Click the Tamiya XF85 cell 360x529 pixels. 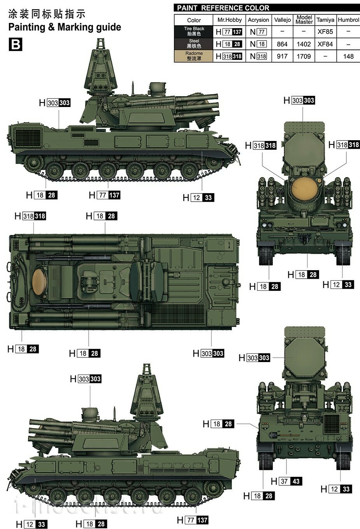click(325, 32)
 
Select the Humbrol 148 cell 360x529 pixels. click(348, 56)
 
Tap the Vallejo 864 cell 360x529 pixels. click(282, 44)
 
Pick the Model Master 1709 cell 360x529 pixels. click(304, 56)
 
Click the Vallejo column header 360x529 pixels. click(282, 20)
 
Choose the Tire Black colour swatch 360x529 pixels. click(194, 32)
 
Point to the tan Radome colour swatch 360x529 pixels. click(194, 56)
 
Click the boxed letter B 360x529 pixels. click(15, 44)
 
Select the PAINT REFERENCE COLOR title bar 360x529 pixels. click(267, 8)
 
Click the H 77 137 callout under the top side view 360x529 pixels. click(105, 195)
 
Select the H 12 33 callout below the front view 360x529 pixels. click(338, 285)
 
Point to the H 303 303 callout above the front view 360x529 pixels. click(299, 100)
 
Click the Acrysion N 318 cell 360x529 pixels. click(258, 56)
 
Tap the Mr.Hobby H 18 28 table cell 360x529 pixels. click(229, 44)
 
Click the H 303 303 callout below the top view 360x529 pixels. click(209, 353)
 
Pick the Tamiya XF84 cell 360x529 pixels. click(325, 44)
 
